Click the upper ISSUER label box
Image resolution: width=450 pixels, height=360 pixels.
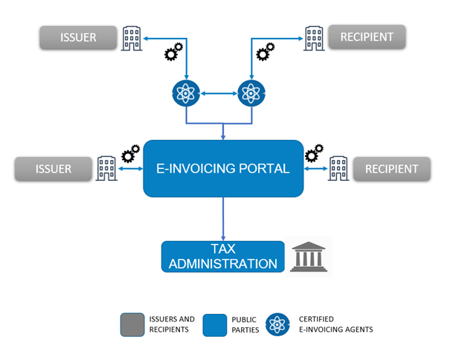80,37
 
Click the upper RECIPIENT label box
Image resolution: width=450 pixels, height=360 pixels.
366,36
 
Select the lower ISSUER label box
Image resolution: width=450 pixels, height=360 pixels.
54,169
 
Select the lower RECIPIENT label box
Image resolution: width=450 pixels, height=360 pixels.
391,169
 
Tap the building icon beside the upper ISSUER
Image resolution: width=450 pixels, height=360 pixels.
131,37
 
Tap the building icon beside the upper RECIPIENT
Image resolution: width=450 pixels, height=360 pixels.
314,36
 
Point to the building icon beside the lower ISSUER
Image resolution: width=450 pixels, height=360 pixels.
105,168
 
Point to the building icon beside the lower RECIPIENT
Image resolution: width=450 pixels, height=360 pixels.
339,168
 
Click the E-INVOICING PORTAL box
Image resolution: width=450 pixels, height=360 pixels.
223,168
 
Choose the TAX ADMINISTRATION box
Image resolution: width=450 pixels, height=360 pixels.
223,256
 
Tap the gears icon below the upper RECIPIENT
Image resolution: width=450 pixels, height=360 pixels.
266,52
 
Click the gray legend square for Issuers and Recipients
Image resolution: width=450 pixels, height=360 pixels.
131,324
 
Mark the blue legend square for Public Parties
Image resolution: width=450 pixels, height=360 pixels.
214,324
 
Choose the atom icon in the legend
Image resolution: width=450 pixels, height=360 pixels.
279,324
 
